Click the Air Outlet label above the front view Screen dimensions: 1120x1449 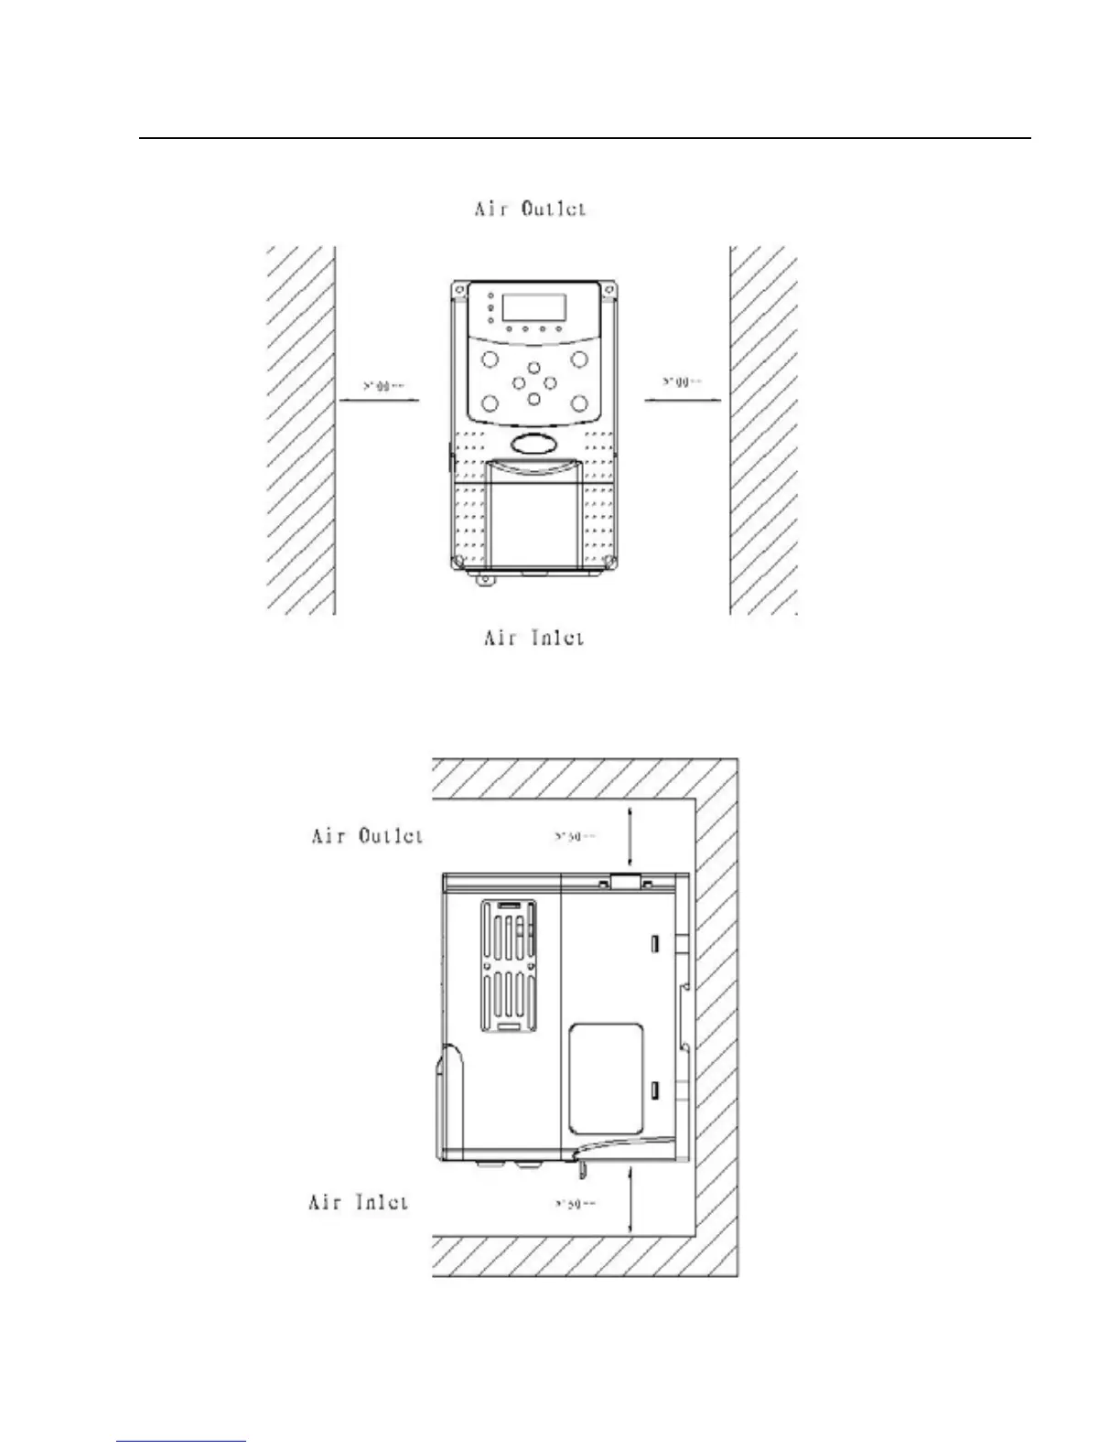pyautogui.click(x=530, y=209)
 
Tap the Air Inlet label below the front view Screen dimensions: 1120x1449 pyautogui.click(x=533, y=637)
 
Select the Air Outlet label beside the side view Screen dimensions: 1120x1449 pyautogui.click(x=367, y=835)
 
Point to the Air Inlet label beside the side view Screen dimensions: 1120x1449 pyautogui.click(x=358, y=1202)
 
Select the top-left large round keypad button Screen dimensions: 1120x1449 pyautogui.click(x=489, y=358)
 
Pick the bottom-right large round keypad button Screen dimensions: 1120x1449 pyautogui.click(x=578, y=403)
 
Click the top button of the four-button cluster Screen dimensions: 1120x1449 pyautogui.click(x=533, y=367)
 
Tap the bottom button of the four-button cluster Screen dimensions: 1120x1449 pyautogui.click(x=533, y=398)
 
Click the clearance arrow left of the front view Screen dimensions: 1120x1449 pyautogui.click(x=380, y=399)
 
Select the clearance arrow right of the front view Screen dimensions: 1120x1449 pyautogui.click(x=682, y=399)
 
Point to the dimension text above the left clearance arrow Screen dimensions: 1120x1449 pyautogui.click(x=383, y=386)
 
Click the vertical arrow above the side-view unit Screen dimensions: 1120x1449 pyautogui.click(x=630, y=837)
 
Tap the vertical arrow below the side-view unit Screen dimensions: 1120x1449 pyautogui.click(x=630, y=1200)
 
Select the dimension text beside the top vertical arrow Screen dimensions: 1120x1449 pyautogui.click(x=576, y=835)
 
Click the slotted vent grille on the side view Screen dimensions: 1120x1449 pyautogui.click(x=509, y=966)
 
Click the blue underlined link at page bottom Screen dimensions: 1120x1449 pyautogui.click(x=182, y=1441)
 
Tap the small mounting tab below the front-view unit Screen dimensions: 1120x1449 pyautogui.click(x=484, y=579)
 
